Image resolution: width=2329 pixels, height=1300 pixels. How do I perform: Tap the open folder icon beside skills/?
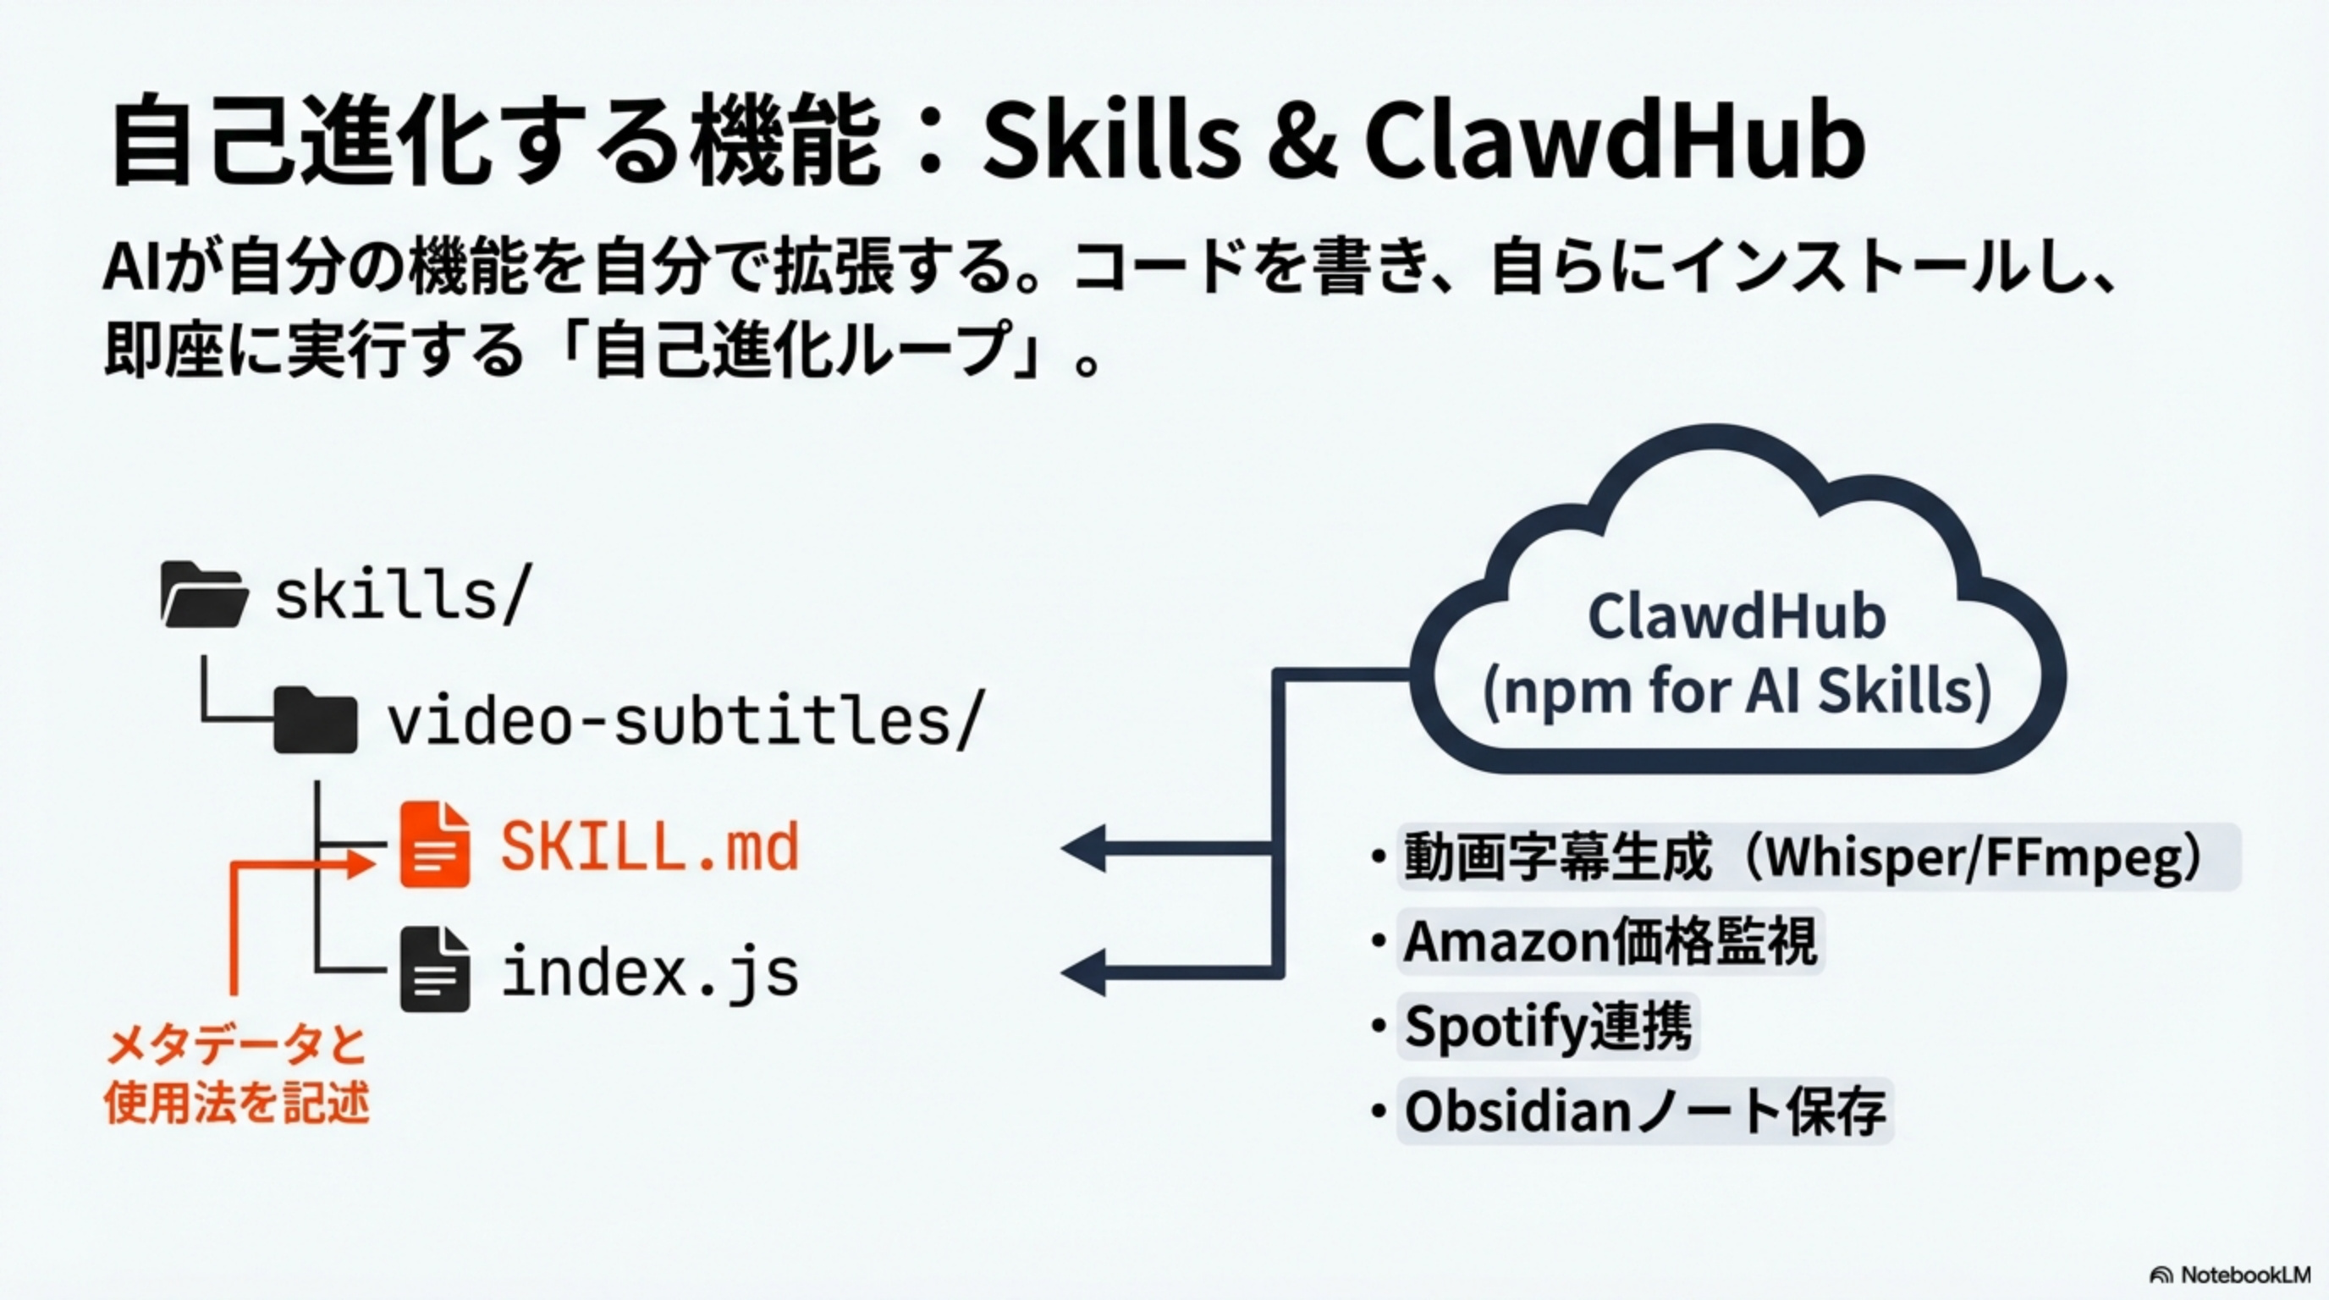203,594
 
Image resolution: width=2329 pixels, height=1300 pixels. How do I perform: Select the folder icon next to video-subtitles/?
316,719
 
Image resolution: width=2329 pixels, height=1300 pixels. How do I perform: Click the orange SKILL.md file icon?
435,845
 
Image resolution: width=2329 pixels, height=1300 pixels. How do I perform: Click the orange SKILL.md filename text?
650,847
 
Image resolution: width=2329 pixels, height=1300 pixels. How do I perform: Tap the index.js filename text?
650,972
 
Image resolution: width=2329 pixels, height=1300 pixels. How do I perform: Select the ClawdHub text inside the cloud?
1737,618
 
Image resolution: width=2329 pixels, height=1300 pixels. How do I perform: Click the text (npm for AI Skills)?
1737,691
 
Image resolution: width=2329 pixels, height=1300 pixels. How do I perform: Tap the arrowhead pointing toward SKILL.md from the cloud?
1085,848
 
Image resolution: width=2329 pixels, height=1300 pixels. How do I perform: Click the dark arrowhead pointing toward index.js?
1085,972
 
